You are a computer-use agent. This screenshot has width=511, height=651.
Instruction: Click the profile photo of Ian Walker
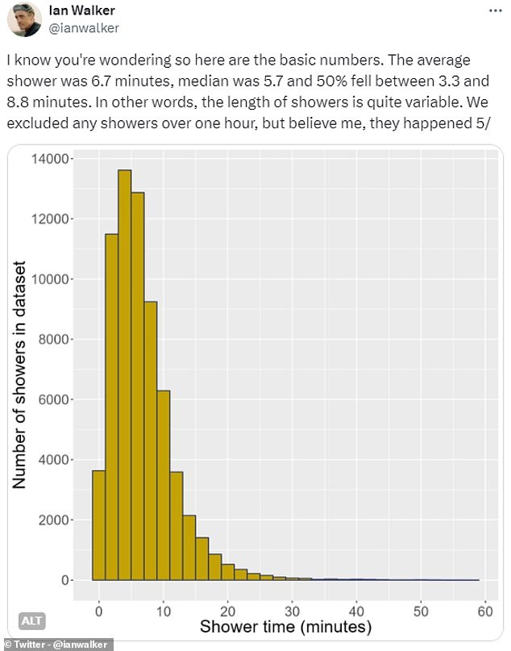[25, 20]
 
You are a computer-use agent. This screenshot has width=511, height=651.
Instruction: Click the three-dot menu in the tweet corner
[492, 10]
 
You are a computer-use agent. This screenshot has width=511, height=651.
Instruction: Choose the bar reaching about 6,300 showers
[164, 485]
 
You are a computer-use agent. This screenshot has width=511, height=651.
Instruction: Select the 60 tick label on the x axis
[484, 611]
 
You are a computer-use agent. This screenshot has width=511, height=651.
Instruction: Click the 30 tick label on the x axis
[292, 611]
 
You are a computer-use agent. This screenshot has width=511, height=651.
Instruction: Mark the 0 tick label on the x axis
[99, 611]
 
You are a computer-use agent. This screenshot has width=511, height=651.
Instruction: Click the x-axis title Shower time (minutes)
[285, 627]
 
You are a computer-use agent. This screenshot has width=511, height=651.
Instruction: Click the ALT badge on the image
[31, 620]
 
